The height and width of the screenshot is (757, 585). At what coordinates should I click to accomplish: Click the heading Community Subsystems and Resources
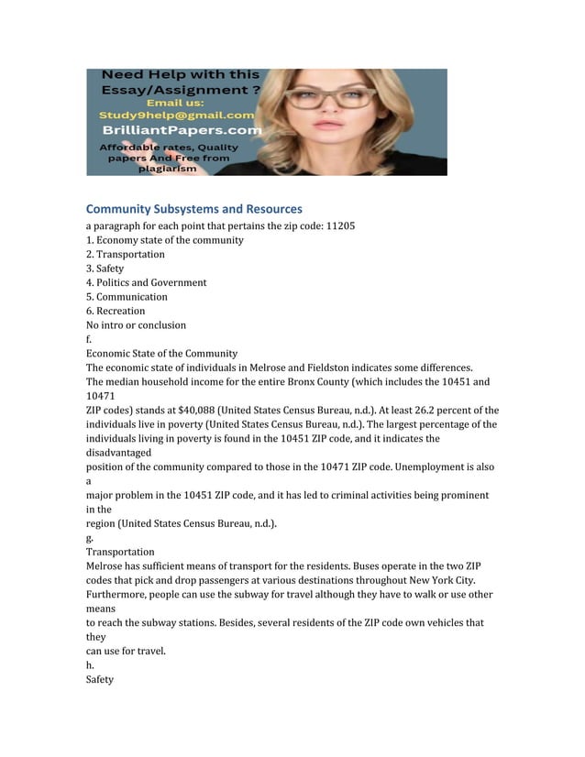193,209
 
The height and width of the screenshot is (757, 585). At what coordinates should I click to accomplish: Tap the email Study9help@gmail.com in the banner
176,115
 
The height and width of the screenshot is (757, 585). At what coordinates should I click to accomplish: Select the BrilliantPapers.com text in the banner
181,130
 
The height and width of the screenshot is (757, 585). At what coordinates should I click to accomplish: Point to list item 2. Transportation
126,254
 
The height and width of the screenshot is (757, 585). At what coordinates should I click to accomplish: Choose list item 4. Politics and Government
147,282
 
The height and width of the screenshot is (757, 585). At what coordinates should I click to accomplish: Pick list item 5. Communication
127,297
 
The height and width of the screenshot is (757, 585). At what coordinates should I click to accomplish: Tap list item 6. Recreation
116,311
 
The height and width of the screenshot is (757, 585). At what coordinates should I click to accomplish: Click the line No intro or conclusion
136,324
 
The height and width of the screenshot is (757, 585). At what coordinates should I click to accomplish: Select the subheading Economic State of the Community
161,353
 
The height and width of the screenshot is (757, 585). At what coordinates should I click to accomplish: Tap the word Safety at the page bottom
100,680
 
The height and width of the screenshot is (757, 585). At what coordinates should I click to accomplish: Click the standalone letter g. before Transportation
90,538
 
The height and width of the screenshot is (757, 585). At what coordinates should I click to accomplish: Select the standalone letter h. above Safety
90,665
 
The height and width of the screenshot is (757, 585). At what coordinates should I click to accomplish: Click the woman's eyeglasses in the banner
339,95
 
